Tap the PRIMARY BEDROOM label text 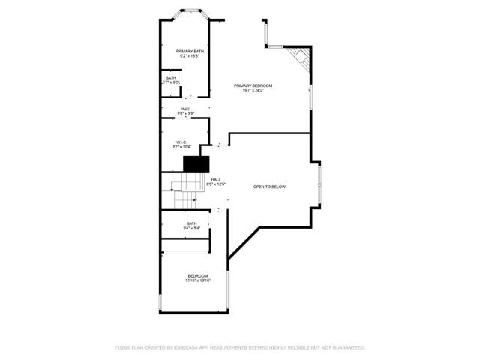point(253,85)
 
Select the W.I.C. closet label point(181,142)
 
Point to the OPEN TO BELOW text point(269,187)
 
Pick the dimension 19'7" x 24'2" point(253,91)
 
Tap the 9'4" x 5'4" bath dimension point(192,228)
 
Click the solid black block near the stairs point(196,165)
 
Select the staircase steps point(184,193)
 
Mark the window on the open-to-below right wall point(320,186)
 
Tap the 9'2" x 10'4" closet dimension point(181,147)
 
